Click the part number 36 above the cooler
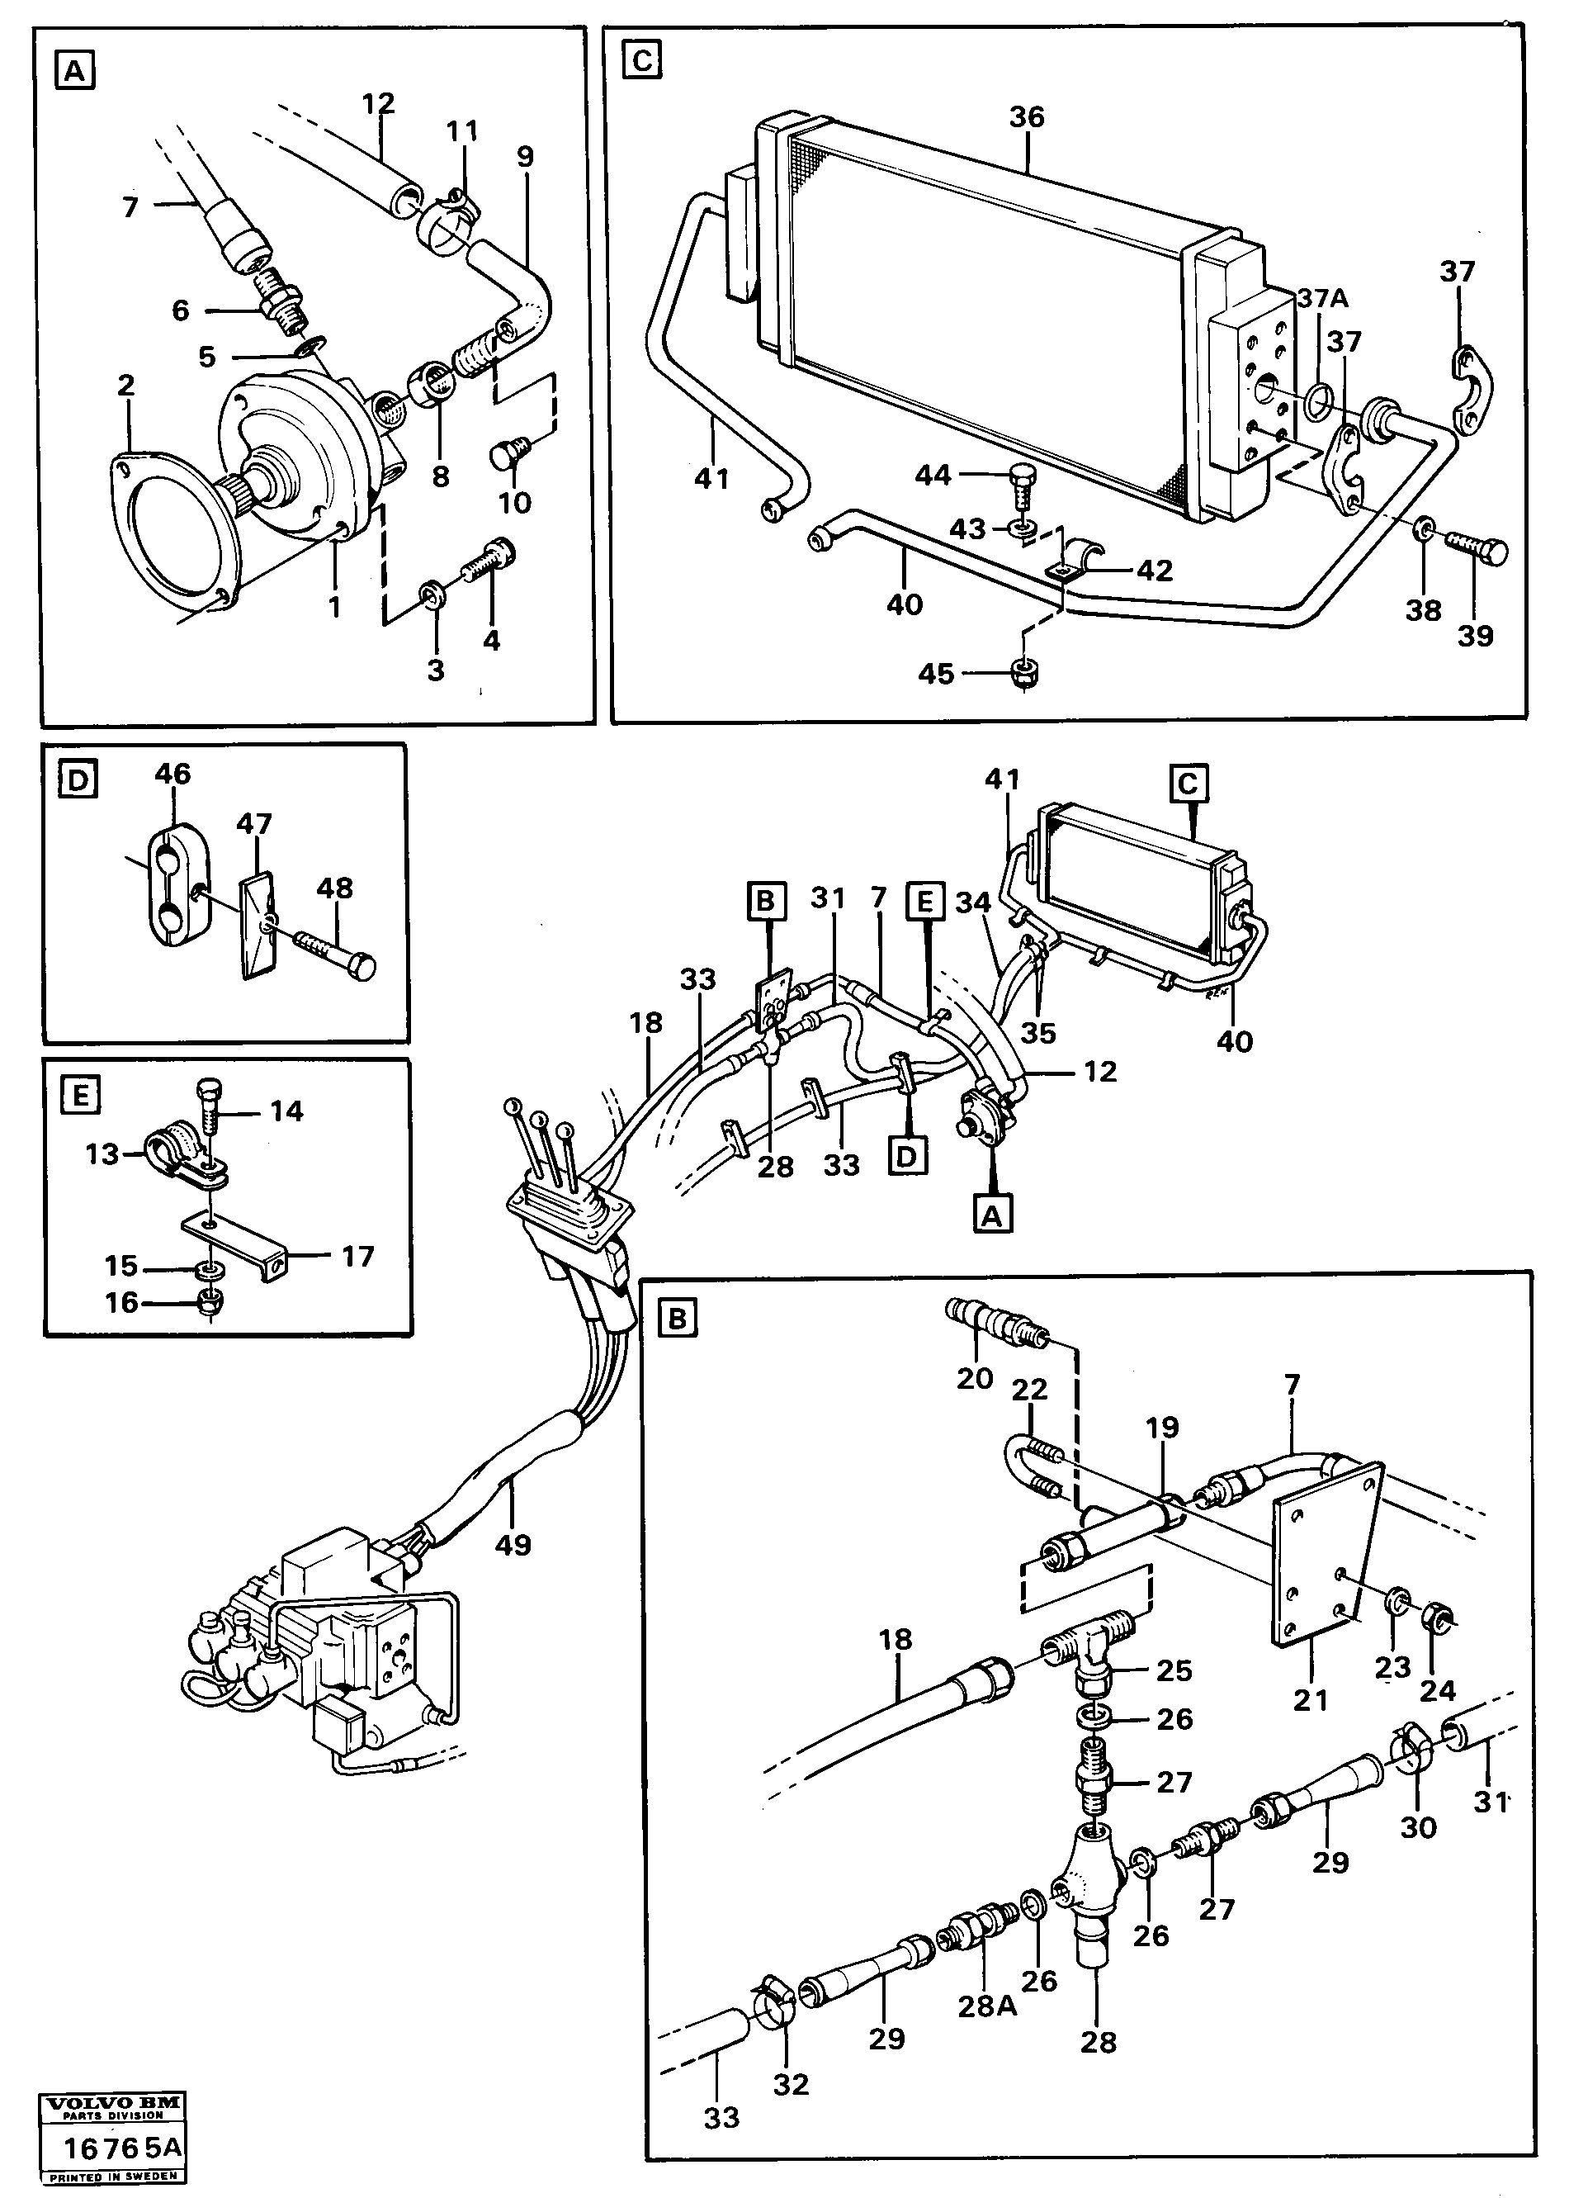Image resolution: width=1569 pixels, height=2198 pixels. (1026, 117)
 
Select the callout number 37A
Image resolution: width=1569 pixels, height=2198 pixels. (1321, 299)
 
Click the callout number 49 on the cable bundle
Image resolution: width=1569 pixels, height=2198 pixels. (513, 1545)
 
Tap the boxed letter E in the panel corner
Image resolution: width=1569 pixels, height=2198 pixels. (80, 1095)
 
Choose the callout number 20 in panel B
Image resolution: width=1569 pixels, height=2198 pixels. (974, 1377)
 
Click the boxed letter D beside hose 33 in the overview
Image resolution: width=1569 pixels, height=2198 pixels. (906, 1156)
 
